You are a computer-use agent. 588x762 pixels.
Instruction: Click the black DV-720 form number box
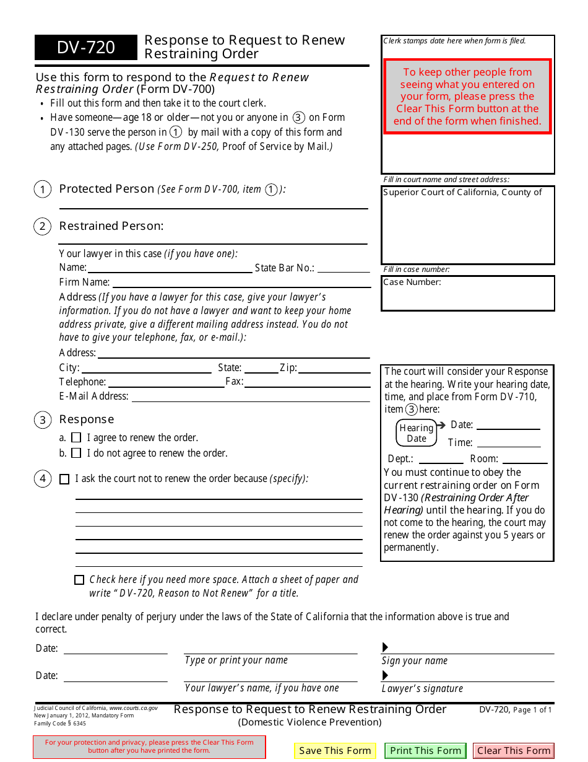pyautogui.click(x=86, y=48)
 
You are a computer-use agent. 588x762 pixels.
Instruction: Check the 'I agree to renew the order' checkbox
pyautogui.click(x=76, y=437)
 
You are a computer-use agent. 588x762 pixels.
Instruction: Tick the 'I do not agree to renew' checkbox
pyautogui.click(x=76, y=453)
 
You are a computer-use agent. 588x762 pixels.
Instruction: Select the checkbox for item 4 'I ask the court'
pyautogui.click(x=64, y=479)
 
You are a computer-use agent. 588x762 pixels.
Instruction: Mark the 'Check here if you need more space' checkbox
pyautogui.click(x=79, y=580)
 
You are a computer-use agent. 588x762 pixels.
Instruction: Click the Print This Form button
pyautogui.click(x=426, y=750)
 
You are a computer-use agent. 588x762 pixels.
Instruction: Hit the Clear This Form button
pyautogui.click(x=514, y=750)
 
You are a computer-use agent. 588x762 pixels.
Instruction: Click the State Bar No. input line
pyautogui.click(x=344, y=268)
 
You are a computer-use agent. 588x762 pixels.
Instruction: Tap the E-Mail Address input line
pyautogui.click(x=250, y=396)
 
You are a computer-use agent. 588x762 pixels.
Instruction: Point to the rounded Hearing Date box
pyautogui.click(x=416, y=433)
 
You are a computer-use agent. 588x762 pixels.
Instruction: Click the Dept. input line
pyautogui.click(x=441, y=459)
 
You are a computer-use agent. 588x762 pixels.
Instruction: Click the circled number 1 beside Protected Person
pyautogui.click(x=42, y=190)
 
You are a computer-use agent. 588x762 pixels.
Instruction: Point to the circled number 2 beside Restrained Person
pyautogui.click(x=42, y=227)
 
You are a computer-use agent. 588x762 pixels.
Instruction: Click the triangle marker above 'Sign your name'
pyautogui.click(x=385, y=647)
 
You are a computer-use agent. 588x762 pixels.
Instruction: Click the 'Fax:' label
pyautogui.click(x=234, y=382)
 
